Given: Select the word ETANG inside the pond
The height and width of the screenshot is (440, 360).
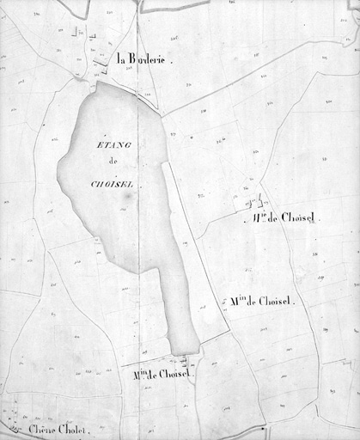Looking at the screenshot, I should click(x=108, y=148).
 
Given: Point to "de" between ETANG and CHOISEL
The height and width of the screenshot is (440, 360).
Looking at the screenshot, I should click(x=111, y=165).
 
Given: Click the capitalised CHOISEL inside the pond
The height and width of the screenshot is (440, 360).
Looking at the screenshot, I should click(x=112, y=183).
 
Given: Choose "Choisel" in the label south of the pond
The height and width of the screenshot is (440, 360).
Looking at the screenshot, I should click(x=175, y=374).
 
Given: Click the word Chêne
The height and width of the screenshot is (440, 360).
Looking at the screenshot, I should click(x=41, y=429).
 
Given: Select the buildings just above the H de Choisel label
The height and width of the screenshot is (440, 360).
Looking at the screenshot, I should click(x=254, y=203).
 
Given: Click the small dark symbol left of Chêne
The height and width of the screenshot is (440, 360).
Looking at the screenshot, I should click(x=13, y=426).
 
